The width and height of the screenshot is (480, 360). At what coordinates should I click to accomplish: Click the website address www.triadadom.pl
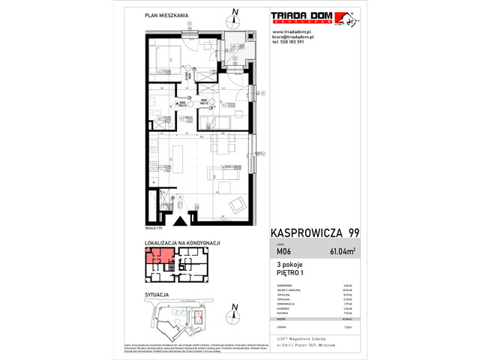click(293, 32)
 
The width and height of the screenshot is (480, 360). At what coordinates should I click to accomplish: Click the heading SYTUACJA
click(156, 296)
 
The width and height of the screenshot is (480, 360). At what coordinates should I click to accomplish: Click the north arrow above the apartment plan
click(235, 13)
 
